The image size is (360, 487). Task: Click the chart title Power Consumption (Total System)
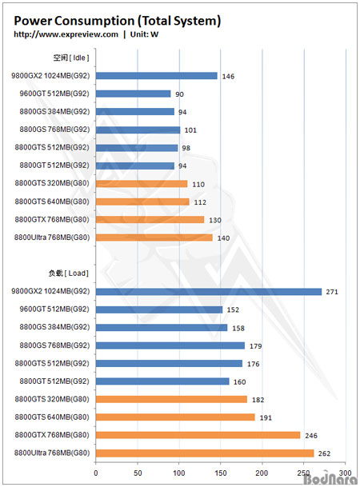coord(117,21)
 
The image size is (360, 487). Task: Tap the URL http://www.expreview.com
coord(66,34)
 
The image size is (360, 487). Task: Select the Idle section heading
coord(71,58)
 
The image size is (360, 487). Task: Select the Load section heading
coord(69,273)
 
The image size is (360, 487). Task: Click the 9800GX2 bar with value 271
coord(209,292)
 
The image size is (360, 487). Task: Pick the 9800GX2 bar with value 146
coord(157,76)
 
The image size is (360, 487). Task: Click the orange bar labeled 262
coord(205,453)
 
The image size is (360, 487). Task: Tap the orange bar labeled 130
coord(150,220)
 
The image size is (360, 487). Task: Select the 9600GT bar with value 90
coord(134,94)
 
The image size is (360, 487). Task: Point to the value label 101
coord(190,130)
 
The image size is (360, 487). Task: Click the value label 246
coord(311,436)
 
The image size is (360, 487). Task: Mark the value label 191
coord(266,417)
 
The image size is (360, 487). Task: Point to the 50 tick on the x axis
coord(138,473)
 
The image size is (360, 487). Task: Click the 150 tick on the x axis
coord(221,473)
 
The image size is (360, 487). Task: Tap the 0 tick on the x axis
coord(96,473)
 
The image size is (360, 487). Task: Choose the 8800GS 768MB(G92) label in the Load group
coord(54,345)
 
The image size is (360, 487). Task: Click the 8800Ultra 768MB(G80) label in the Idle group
coord(52,238)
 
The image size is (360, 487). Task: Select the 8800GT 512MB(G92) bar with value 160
coord(162,381)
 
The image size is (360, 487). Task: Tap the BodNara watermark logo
coord(331,478)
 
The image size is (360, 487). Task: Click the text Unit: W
coord(144,34)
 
